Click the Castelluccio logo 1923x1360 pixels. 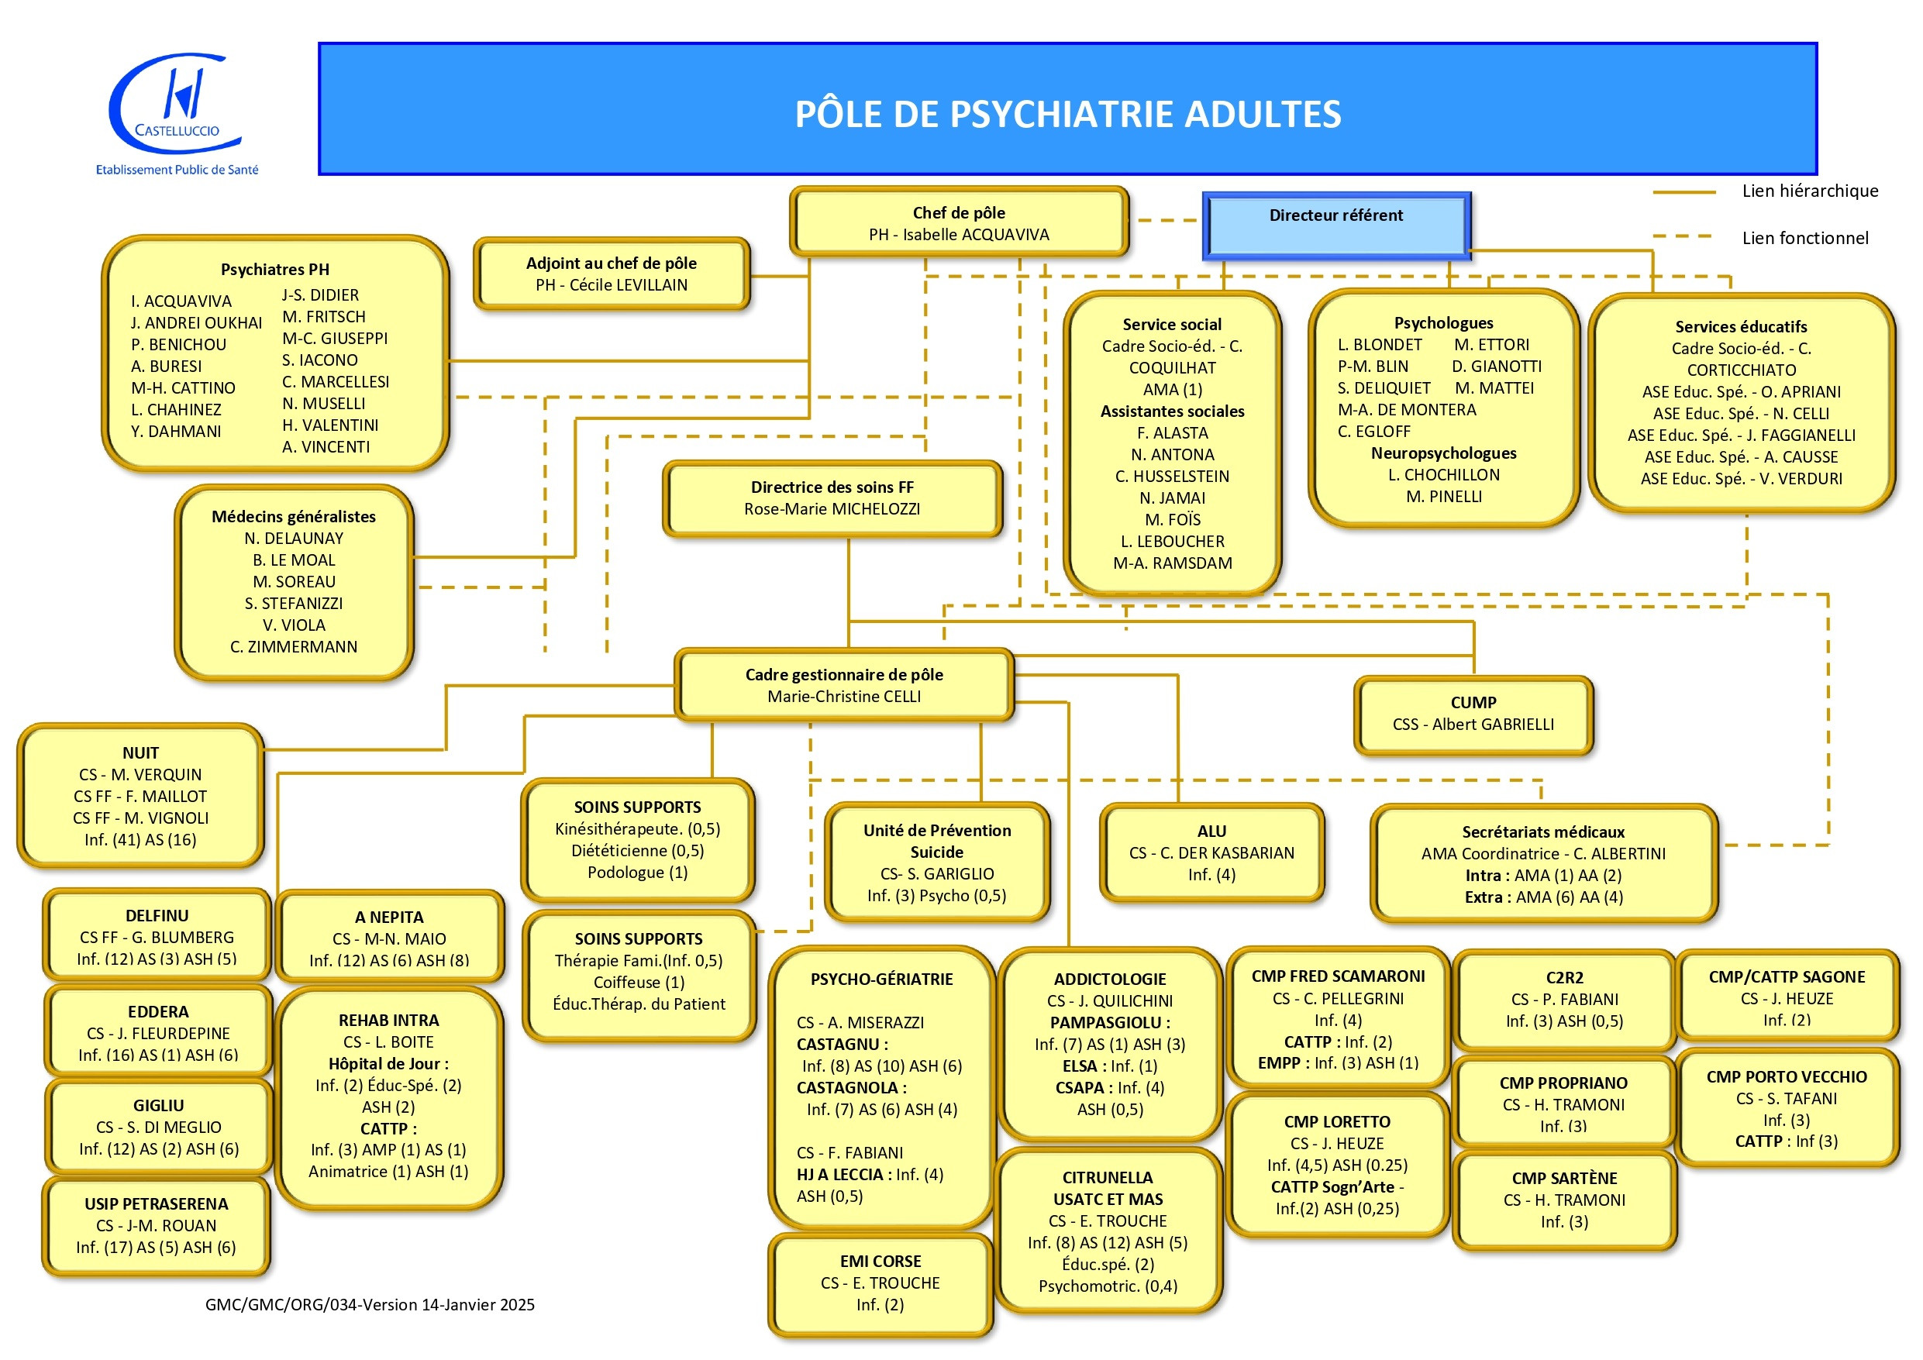[176, 112]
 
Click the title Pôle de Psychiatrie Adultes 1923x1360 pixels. [1067, 114]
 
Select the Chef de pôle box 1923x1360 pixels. [958, 222]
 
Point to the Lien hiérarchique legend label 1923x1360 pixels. [1809, 191]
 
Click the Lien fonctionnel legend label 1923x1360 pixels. [1804, 238]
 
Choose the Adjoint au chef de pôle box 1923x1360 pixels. [612, 274]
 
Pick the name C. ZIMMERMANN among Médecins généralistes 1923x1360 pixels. [293, 646]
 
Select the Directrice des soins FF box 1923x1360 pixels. [832, 498]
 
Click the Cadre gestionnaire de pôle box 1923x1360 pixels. [843, 685]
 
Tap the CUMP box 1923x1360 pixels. [1473, 714]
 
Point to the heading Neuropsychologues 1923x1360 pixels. [1443, 453]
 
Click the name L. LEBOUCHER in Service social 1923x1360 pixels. [1172, 541]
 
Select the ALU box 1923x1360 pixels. [1211, 852]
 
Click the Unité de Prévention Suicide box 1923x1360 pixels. [936, 862]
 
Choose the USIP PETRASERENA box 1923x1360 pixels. [157, 1225]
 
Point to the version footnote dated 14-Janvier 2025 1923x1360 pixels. [370, 1305]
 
